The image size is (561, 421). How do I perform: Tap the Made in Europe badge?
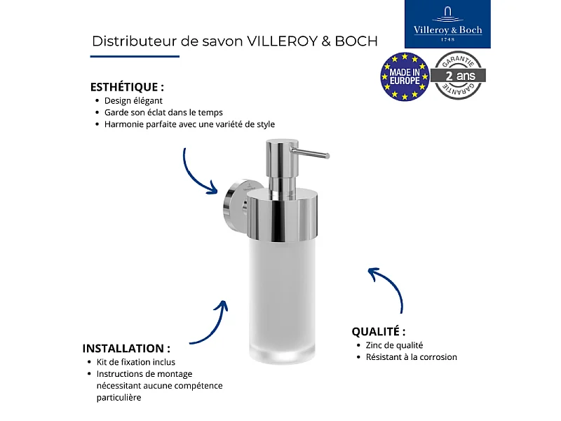[405, 76]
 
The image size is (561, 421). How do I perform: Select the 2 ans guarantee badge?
[459, 75]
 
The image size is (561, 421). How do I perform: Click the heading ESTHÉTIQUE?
[127, 88]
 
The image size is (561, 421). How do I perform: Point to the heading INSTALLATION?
[126, 348]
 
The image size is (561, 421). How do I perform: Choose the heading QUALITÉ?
[379, 331]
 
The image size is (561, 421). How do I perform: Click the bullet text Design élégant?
[133, 100]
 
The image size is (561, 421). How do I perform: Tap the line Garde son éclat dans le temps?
[163, 112]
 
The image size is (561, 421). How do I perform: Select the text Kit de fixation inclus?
[135, 362]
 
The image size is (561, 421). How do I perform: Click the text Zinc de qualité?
[394, 345]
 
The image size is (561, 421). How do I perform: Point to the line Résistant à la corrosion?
[411, 357]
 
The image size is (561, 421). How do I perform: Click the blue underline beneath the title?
[135, 56]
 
